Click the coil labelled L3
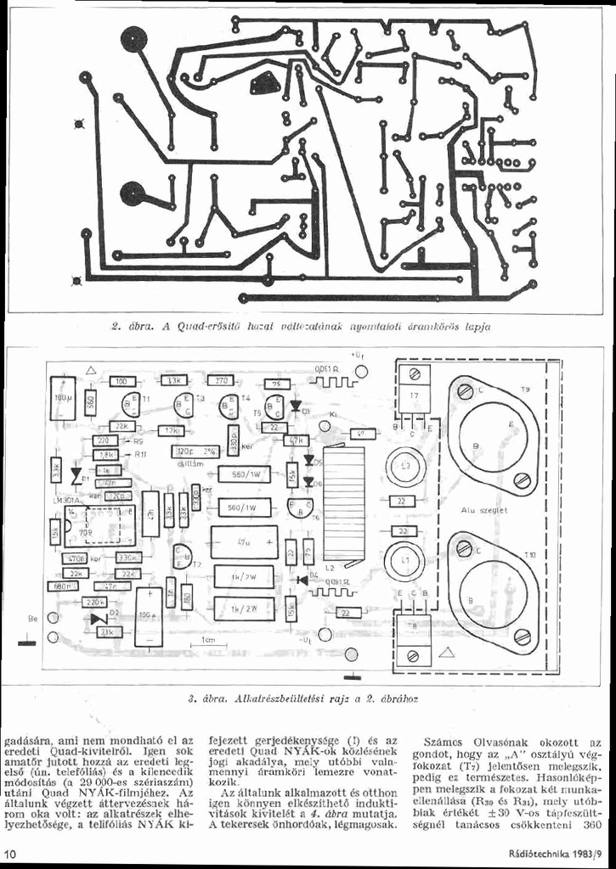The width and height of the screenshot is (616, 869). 405,468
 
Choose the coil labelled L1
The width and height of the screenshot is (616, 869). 405,561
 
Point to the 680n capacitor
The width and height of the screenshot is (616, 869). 61,586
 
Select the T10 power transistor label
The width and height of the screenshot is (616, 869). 529,554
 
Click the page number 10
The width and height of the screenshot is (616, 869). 10,852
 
